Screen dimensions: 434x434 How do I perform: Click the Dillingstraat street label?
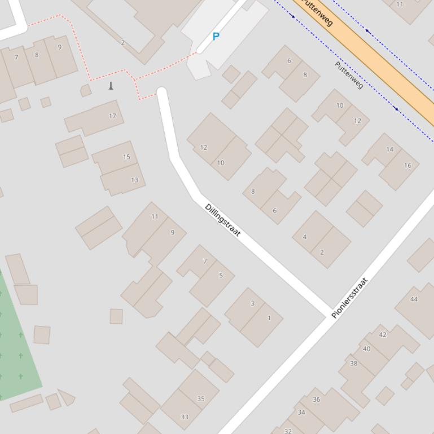click(x=223, y=220)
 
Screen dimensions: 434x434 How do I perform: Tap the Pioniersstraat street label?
click(x=350, y=298)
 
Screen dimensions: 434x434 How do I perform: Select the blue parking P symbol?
click(x=216, y=37)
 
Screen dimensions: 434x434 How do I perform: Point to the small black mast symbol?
click(x=111, y=86)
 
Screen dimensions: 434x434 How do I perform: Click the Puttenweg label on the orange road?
click(x=318, y=12)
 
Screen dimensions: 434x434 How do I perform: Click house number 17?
click(x=112, y=116)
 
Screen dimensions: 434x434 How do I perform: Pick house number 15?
click(x=126, y=157)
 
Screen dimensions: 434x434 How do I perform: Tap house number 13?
click(x=134, y=180)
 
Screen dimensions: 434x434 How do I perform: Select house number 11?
click(x=155, y=216)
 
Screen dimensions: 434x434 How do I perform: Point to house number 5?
click(x=221, y=276)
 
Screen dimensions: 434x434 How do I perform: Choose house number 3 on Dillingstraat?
click(x=252, y=303)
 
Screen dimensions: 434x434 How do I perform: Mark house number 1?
click(x=269, y=318)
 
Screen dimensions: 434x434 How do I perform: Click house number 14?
click(x=390, y=149)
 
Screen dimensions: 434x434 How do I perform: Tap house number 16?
click(x=407, y=166)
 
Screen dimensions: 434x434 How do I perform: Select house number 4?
click(x=305, y=237)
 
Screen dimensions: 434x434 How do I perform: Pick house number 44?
click(x=414, y=299)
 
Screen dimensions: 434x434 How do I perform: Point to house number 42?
click(x=383, y=335)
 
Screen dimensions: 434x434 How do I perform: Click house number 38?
click(x=354, y=364)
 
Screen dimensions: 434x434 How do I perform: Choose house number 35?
click(x=201, y=399)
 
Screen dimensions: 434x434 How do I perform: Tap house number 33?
click(x=185, y=417)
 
